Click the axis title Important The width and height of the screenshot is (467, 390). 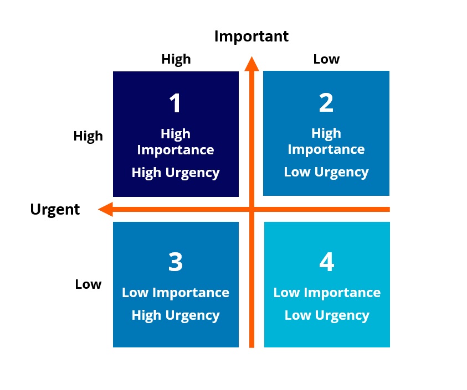coord(252,37)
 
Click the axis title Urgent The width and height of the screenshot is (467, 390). coord(55,210)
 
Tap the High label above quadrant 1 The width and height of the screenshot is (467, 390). coord(176,60)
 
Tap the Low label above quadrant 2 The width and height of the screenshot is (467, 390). coord(326,59)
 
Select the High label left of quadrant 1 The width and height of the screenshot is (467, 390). coord(88,137)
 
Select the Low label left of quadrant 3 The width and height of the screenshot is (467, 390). coord(88,284)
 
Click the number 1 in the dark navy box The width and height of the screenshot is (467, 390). coord(175,103)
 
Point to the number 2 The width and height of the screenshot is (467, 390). coord(326,102)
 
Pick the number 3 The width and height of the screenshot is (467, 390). coord(176,262)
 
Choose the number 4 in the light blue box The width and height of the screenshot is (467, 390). coord(327,262)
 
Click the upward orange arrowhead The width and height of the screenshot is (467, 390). coord(252,64)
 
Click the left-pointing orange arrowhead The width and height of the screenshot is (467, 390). coord(105,210)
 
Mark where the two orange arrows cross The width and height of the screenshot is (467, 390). coord(252,210)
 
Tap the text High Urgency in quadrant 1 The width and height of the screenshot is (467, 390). coord(176,173)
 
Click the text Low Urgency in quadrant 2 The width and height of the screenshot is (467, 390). coord(326,173)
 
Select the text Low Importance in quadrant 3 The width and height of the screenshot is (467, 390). coord(176,293)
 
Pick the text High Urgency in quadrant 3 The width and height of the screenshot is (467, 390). coord(176,316)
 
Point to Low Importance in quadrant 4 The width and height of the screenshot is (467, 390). coord(327,293)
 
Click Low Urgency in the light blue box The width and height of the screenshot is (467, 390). coord(327,316)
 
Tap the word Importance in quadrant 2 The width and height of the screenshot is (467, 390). coord(326,150)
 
